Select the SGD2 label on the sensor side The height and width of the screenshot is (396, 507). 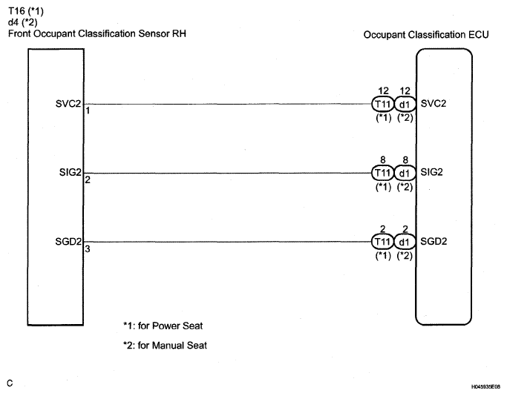click(70, 241)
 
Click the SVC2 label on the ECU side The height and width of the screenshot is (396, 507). click(433, 103)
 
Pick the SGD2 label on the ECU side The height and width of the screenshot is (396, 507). click(433, 241)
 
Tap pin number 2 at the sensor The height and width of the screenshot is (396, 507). click(87, 180)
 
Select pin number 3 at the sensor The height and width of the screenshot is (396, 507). click(87, 249)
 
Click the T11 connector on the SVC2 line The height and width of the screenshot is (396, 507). click(382, 104)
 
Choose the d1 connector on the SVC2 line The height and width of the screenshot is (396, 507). click(404, 104)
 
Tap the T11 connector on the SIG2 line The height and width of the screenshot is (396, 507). click(382, 173)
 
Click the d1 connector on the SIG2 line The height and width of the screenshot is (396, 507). click(404, 173)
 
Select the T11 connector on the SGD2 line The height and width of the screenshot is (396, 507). click(382, 242)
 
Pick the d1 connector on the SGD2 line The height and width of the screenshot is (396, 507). click(404, 242)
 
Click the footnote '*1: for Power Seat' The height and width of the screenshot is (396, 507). click(163, 326)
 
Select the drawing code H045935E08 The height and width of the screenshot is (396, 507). click(485, 386)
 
